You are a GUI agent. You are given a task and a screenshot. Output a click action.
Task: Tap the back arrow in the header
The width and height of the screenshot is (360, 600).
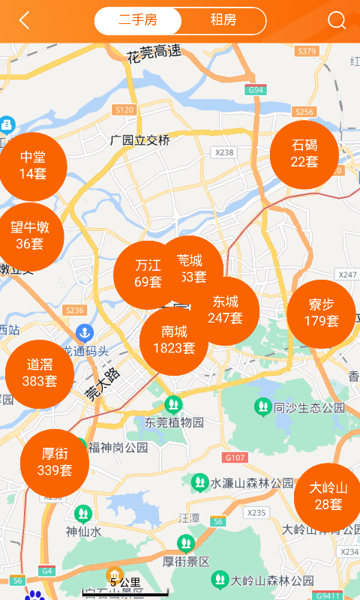point(25,21)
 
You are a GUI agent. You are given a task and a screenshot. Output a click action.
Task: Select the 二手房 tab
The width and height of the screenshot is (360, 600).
point(138,21)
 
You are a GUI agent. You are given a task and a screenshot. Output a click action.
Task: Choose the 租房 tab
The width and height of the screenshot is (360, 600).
point(223,21)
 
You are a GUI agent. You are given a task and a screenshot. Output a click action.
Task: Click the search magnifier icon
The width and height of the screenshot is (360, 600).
point(337,21)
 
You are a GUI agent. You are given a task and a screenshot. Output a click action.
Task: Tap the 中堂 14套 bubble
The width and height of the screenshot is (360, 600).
point(33,166)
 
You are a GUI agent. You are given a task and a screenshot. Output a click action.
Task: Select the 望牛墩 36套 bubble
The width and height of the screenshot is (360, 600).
point(30,235)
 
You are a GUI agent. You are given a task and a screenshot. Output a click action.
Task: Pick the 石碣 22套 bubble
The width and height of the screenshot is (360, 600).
point(304,154)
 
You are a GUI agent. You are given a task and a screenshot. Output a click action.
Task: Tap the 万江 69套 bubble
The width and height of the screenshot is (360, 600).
point(148,274)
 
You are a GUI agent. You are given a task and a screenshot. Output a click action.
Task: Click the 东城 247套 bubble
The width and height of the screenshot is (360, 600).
point(225,310)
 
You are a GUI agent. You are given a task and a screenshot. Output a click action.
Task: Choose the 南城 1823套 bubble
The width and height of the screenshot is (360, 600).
point(174,340)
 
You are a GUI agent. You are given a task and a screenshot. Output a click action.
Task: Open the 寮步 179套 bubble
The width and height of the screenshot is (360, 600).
point(321,313)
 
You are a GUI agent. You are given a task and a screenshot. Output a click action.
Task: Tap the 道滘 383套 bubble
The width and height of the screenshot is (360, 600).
point(40,373)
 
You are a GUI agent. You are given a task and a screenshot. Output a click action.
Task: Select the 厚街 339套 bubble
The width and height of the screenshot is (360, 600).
point(55,463)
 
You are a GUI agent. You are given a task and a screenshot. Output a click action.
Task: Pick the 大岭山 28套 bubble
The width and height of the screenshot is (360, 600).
point(328,496)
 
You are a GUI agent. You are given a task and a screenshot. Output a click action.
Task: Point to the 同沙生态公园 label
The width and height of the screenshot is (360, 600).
point(308,408)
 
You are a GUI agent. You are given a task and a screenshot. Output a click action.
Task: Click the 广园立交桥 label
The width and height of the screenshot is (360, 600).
point(139,140)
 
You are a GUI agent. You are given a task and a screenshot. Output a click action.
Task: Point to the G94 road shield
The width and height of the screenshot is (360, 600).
point(256,90)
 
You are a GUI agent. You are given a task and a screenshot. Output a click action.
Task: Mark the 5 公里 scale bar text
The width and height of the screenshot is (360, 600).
point(125,582)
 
